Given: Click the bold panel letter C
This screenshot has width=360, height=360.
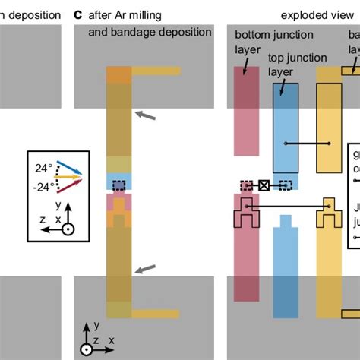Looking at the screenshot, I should tap(78, 14).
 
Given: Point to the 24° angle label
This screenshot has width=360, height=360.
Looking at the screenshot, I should tap(43, 169).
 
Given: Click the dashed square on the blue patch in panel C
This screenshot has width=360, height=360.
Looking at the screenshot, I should tap(118, 185).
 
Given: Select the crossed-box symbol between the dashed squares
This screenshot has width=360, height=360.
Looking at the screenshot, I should tap(264, 185).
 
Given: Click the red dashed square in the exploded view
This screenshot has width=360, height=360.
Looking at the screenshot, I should tap(246, 185).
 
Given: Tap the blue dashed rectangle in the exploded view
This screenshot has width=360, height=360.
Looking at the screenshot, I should tap(285, 185).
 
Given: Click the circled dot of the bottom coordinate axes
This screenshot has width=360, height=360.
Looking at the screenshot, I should tap(87, 349).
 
